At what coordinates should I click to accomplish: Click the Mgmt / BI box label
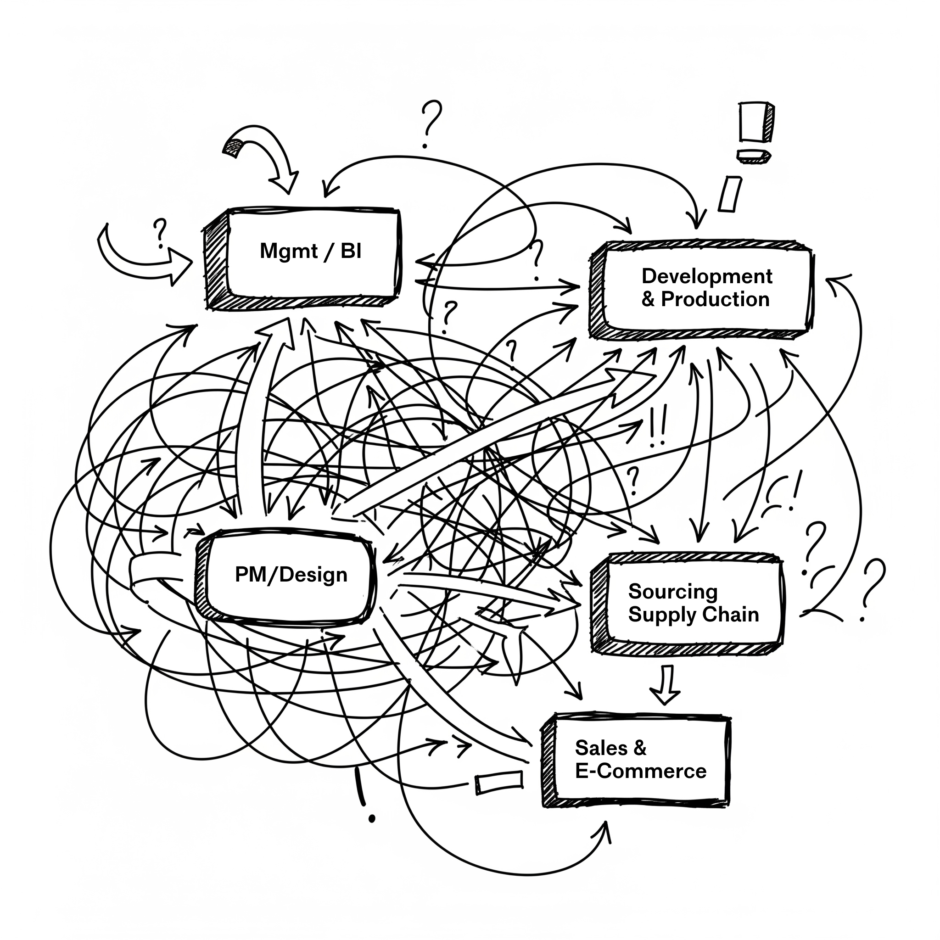[x=310, y=251]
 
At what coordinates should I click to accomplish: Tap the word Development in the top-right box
[x=706, y=276]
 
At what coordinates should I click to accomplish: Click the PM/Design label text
[x=291, y=575]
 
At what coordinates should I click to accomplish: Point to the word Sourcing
[x=672, y=591]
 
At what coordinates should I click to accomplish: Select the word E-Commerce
[x=640, y=771]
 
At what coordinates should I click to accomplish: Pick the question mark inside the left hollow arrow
[x=159, y=232]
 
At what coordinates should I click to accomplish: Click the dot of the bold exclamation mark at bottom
[x=372, y=819]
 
